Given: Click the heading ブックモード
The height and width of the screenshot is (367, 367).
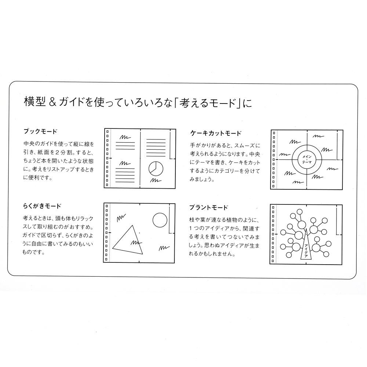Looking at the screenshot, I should click(40, 131).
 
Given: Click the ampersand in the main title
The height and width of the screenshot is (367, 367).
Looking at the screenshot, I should click(52, 102).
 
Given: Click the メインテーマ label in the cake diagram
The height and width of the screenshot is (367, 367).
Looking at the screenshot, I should click(307, 159).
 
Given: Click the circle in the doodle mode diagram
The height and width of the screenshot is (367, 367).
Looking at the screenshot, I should click(160, 221).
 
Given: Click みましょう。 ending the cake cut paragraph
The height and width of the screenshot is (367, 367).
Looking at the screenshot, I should click(202, 180).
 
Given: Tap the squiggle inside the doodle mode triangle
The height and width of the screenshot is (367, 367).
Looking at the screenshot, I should click(134, 242).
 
